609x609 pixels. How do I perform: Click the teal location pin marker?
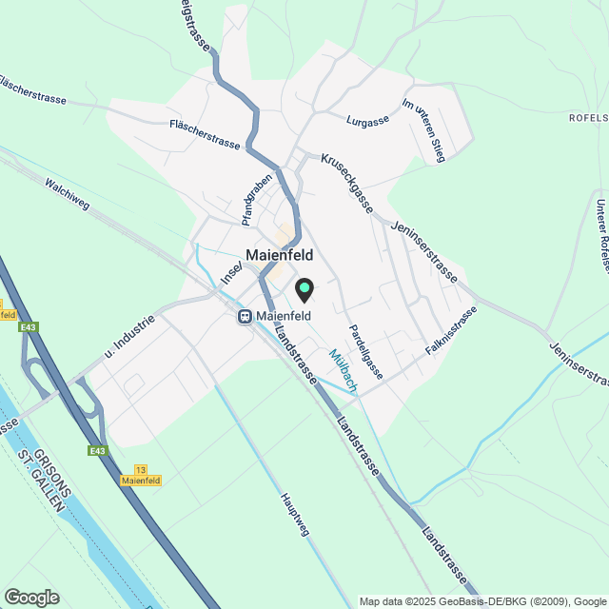point(304,288)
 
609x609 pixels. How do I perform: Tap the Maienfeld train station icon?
point(245,317)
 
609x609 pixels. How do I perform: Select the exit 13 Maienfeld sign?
point(141,476)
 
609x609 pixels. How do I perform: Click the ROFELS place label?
point(588,117)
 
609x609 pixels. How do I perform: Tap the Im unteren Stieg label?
point(423,130)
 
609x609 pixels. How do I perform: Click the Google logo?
point(30,598)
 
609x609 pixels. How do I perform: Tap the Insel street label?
point(231,272)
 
